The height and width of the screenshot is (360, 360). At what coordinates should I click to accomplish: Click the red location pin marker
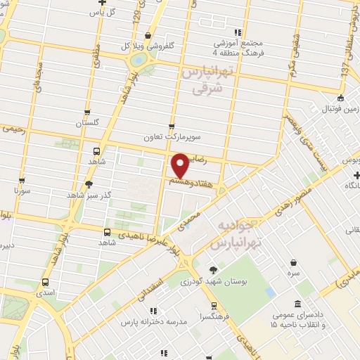pos(181,166)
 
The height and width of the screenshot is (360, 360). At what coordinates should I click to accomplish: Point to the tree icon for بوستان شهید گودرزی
pos(214,269)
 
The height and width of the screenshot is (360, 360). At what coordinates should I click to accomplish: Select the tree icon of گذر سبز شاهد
pos(89,184)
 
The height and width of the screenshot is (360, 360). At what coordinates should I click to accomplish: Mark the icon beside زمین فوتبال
pos(340,98)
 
